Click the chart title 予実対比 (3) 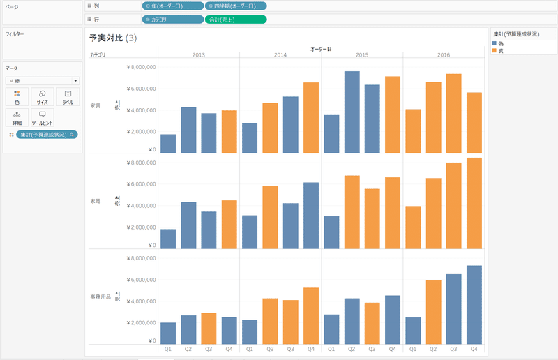pos(113,38)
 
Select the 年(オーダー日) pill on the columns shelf pos(172,6)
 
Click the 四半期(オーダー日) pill pos(235,6)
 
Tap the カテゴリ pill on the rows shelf pos(172,20)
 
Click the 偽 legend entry pos(501,43)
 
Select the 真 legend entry pos(501,50)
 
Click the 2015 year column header pos(362,54)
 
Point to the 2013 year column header pos(198,54)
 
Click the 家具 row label pos(96,105)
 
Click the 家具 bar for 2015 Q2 pos(352,112)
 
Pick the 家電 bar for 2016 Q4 pos(474,203)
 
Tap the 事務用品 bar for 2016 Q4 pos(474,305)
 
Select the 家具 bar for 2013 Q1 pos(168,144)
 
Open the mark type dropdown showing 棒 pos(42,81)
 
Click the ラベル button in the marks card pos(68,97)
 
